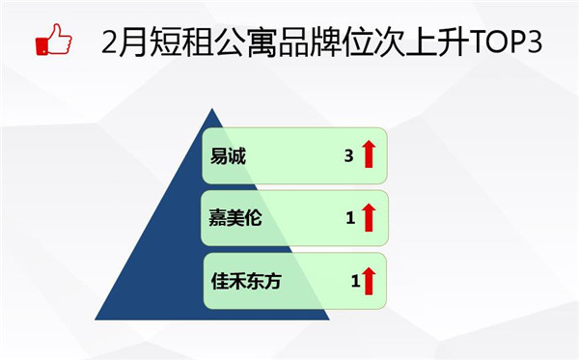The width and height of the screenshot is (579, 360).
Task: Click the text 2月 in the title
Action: [x=124, y=42]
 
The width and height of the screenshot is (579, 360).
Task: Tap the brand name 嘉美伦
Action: [x=235, y=219]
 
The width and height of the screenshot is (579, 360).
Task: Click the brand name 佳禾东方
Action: [x=248, y=282]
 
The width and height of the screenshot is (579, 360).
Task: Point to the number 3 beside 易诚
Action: [x=348, y=154]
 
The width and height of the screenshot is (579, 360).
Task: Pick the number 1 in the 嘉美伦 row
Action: [x=350, y=219]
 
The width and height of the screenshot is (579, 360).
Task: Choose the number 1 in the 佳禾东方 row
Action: [x=355, y=282]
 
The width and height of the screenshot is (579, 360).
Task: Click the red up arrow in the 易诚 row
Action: [x=368, y=154]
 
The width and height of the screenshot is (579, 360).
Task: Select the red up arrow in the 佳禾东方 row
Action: [x=369, y=281]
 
